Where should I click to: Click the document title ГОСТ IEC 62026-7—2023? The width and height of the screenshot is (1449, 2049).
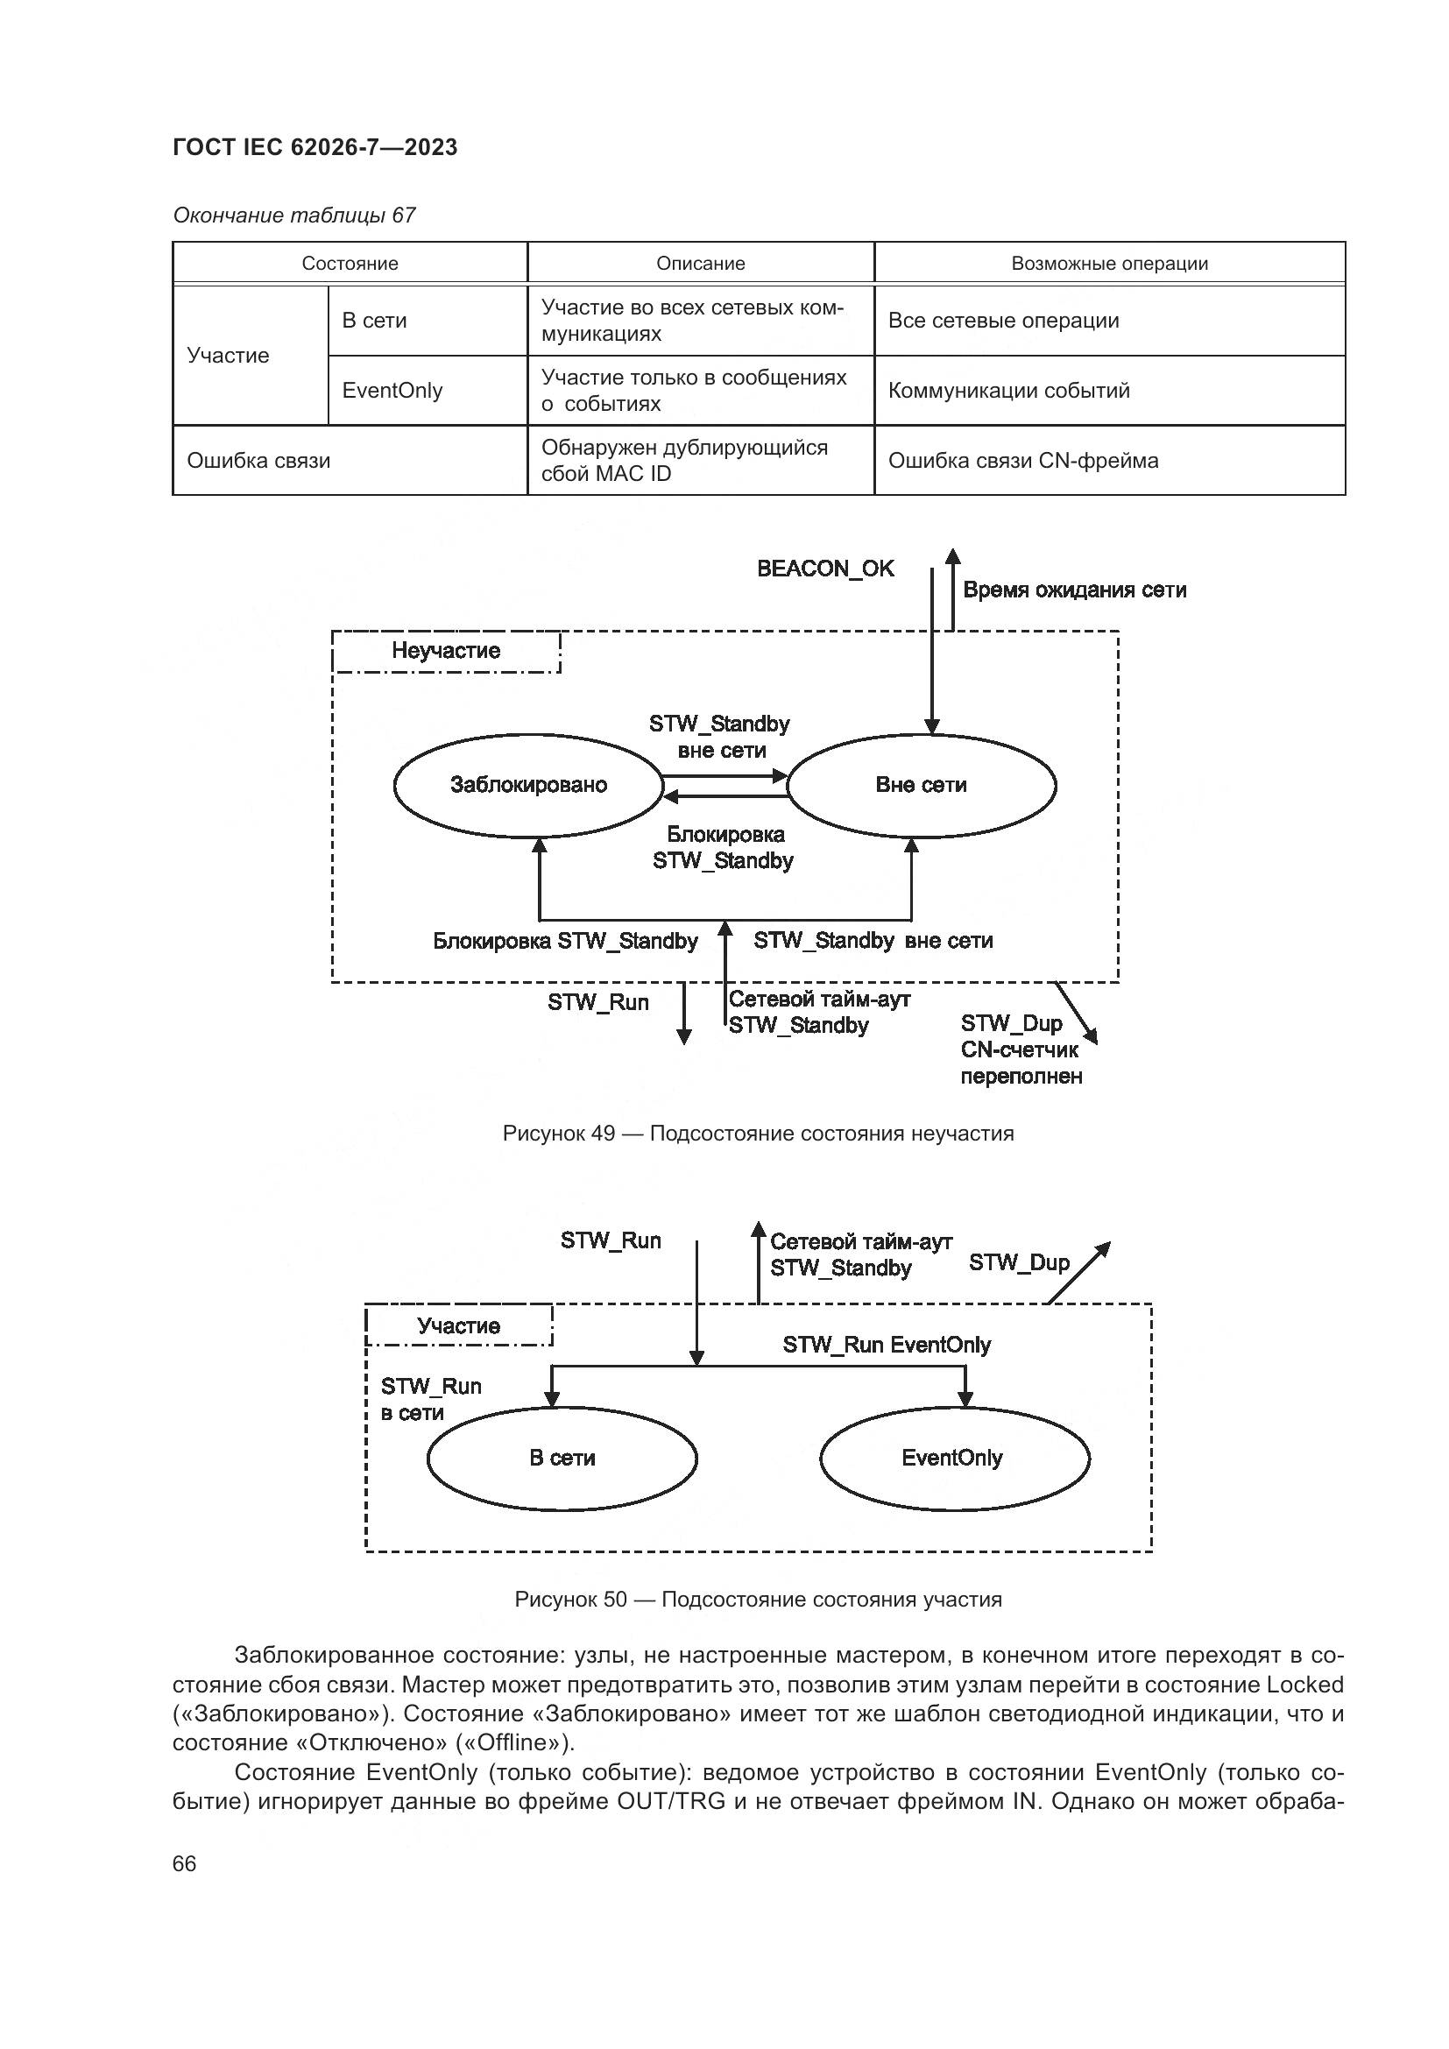(315, 147)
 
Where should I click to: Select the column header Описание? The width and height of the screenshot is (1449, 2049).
(701, 264)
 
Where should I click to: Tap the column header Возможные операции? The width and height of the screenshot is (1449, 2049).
(1109, 264)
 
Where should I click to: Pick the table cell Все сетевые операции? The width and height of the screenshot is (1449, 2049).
(1003, 321)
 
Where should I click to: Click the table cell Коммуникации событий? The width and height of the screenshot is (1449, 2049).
(1008, 390)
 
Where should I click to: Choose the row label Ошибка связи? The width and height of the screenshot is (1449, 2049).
(258, 461)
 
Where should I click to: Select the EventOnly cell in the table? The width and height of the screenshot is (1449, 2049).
(392, 390)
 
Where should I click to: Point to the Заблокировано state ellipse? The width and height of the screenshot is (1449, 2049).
(528, 785)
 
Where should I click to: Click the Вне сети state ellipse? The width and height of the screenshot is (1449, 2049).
(922, 785)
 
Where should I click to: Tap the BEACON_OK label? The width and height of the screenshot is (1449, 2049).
(825, 569)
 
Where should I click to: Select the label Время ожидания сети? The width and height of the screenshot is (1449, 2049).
(1074, 590)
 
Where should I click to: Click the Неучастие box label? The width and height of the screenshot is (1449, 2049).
(446, 651)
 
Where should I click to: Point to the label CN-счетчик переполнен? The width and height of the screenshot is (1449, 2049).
(1021, 1063)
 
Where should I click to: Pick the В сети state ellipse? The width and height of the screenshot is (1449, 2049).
(562, 1458)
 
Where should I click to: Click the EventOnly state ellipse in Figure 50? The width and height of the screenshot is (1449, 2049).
(953, 1458)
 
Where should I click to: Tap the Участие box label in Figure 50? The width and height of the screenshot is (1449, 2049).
(458, 1326)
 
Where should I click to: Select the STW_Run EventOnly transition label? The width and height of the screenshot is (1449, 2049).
(887, 1345)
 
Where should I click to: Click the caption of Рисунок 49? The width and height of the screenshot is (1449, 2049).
(759, 1134)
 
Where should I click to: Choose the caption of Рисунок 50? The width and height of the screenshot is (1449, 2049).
(759, 1600)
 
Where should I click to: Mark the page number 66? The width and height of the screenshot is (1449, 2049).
(185, 1863)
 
